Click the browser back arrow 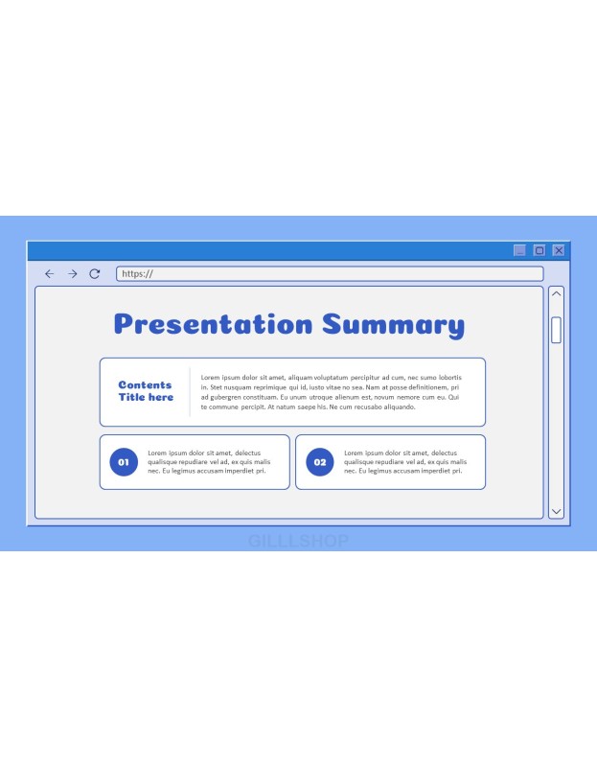click(x=50, y=274)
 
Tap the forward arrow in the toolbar click(x=73, y=274)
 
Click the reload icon click(x=94, y=274)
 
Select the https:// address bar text click(x=137, y=274)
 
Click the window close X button click(x=559, y=250)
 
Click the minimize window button click(x=519, y=250)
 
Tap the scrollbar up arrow click(x=556, y=293)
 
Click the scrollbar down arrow click(x=556, y=511)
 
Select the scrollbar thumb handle click(x=556, y=330)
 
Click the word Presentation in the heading click(x=213, y=324)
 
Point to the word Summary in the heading click(x=393, y=325)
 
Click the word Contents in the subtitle click(x=146, y=385)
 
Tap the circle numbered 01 click(x=124, y=462)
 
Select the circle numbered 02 click(x=320, y=462)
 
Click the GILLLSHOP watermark click(x=298, y=541)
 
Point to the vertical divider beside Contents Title click(x=190, y=392)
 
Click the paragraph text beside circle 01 click(x=209, y=462)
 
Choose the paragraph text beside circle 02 click(x=405, y=462)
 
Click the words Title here click(x=146, y=397)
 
